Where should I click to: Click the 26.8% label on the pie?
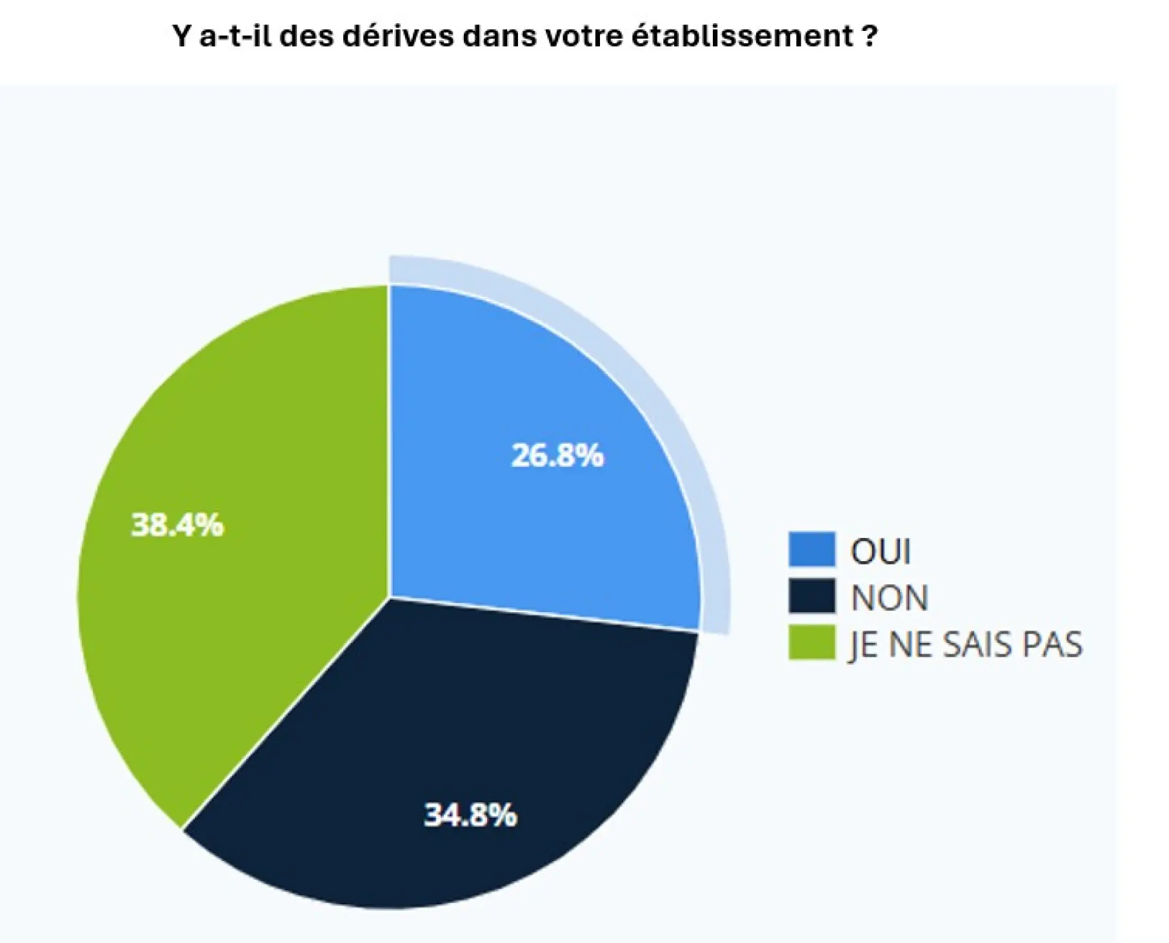tap(557, 455)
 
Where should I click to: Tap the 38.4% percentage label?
tap(177, 525)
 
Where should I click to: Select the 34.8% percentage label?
tap(470, 815)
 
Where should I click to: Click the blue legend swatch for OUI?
tap(812, 550)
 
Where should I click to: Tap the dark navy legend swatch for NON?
tap(812, 597)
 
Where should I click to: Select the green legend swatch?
tap(812, 643)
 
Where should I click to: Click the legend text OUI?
tap(881, 551)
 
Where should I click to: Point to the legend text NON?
tap(890, 598)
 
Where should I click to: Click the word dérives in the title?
tap(398, 36)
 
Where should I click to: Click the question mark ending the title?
tap(870, 36)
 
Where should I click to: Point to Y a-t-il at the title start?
tap(223, 36)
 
